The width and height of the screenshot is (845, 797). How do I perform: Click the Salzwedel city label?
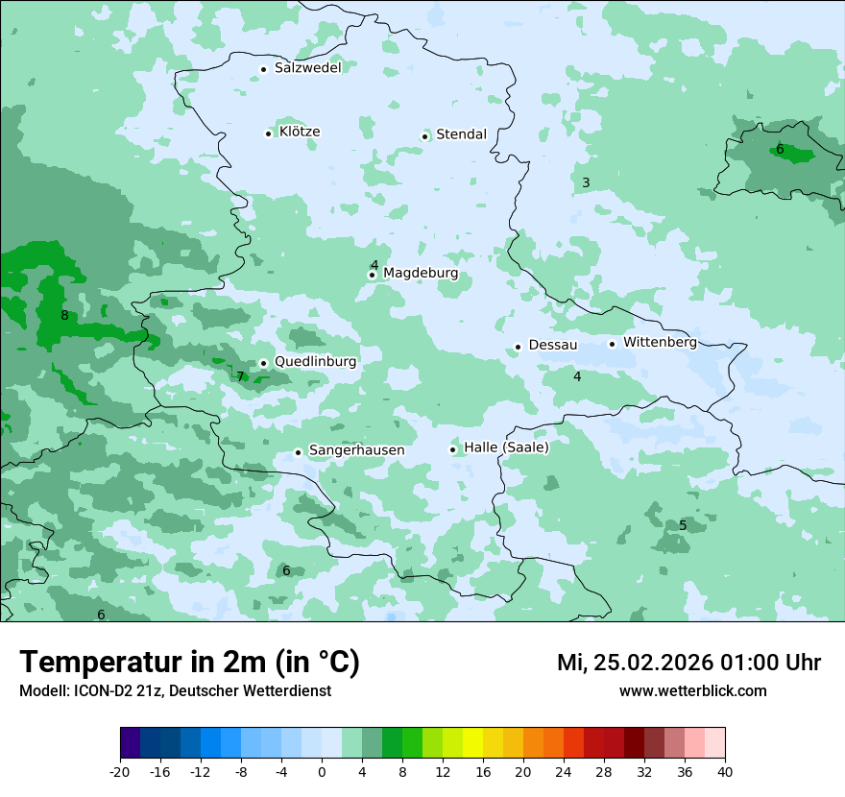[307, 67]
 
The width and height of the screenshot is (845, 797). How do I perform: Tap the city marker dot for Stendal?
[424, 136]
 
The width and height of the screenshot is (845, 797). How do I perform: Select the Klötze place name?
[300, 132]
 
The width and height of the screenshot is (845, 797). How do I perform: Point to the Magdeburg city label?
[421, 274]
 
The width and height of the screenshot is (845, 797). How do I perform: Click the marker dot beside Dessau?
[518, 347]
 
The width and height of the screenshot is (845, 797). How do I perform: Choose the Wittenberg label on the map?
[660, 342]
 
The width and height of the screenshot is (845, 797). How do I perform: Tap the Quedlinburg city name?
[315, 362]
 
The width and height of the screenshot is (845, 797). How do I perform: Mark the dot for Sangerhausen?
[299, 452]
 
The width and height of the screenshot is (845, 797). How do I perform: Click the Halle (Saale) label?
[506, 447]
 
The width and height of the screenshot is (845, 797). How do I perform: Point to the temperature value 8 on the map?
[64, 316]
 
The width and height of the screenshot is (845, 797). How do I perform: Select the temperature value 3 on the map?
[586, 182]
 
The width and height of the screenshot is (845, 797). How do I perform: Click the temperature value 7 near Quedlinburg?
[240, 376]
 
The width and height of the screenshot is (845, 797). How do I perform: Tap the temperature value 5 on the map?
[683, 525]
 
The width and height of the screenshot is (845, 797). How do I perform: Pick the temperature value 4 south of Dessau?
[577, 376]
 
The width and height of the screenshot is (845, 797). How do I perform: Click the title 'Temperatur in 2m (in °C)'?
[189, 663]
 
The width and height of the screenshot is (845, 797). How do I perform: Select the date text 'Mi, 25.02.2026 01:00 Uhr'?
[688, 663]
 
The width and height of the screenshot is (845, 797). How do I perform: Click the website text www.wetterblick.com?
[692, 691]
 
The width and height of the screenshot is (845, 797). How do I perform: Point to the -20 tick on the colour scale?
[120, 772]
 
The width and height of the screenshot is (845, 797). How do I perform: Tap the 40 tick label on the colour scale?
[724, 772]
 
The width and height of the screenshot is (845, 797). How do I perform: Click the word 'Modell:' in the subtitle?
[43, 691]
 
